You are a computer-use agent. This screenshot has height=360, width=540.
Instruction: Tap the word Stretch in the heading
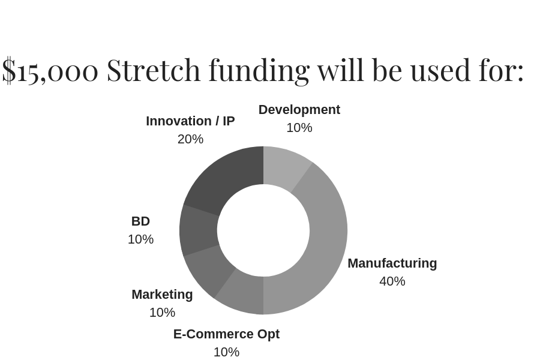tap(154, 70)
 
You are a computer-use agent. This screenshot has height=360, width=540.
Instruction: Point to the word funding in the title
tap(259, 71)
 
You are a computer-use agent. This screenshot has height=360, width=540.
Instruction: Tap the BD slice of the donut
tap(199, 230)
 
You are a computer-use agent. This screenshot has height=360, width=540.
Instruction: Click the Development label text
tap(299, 110)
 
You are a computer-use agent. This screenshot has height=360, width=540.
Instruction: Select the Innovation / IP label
tap(190, 121)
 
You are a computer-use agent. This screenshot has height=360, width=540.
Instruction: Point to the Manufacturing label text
tap(392, 263)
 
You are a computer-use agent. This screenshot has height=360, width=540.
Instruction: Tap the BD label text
tap(140, 221)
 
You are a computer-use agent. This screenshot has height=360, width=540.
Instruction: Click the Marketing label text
tap(162, 295)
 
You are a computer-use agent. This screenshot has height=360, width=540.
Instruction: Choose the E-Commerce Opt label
tap(227, 334)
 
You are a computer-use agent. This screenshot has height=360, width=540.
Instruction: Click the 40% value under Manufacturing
tap(392, 281)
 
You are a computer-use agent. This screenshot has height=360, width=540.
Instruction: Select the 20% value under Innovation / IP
tap(190, 139)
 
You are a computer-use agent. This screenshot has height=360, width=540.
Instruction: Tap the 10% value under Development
tap(299, 128)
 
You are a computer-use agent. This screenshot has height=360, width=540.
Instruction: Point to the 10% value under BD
tap(140, 239)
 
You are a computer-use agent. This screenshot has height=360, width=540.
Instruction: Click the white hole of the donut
tap(263, 230)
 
